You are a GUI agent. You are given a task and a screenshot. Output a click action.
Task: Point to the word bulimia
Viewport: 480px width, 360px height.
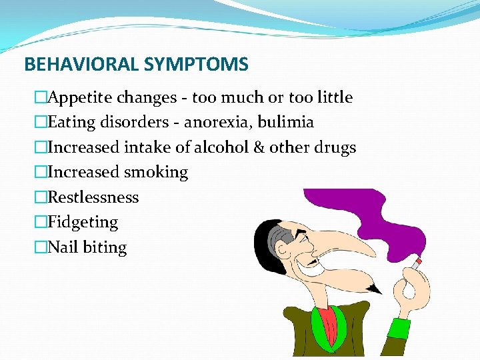click(289, 123)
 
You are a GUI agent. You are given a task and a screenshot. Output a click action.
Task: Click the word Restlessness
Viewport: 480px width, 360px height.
click(93, 197)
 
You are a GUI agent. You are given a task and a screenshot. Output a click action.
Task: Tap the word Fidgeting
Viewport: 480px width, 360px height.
click(83, 222)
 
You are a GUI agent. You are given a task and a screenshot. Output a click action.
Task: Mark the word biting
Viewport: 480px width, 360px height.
click(105, 247)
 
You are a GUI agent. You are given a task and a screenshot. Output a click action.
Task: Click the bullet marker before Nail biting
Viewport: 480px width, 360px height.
click(41, 247)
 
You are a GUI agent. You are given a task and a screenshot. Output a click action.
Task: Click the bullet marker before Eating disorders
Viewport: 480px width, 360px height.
click(41, 123)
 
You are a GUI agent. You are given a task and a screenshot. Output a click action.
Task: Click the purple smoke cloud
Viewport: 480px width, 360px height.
click(373, 220)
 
